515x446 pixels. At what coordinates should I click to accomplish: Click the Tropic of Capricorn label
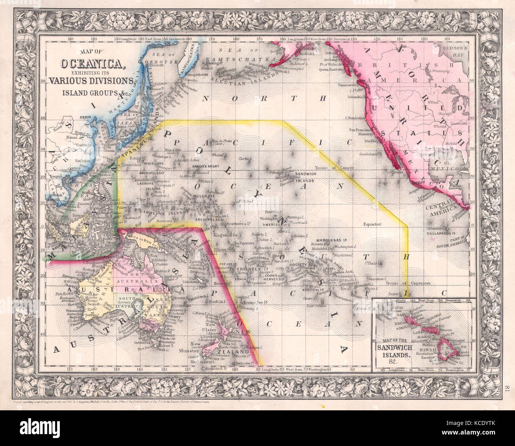[x=408, y=283]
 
